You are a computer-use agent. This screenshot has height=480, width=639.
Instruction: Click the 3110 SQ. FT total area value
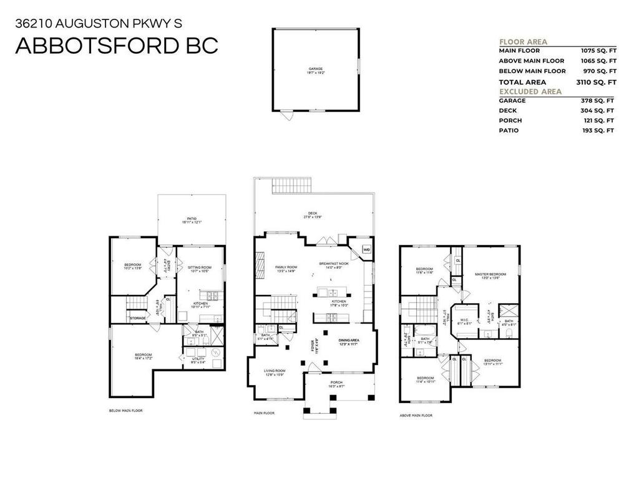596,82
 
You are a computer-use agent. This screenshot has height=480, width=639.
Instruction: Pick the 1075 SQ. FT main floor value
598,51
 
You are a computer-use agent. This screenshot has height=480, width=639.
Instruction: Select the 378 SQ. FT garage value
597,101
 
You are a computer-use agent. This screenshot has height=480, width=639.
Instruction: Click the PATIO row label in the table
509,131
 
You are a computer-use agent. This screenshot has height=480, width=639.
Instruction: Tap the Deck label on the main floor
313,214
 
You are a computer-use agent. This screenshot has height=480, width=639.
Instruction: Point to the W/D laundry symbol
366,250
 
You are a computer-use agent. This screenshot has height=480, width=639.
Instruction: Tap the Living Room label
275,372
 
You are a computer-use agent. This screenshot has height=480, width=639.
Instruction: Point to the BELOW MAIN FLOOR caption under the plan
125,411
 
